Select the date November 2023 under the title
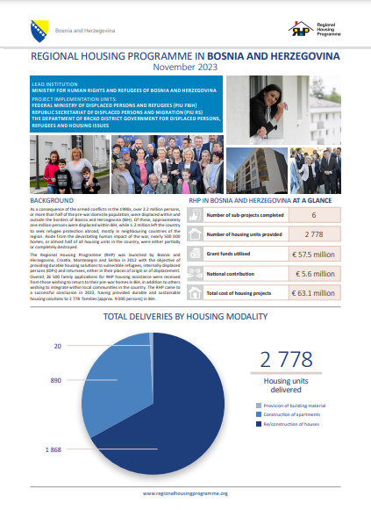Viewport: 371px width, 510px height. [185, 67]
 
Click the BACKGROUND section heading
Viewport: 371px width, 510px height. [52, 201]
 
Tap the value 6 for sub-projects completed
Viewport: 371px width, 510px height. [313, 214]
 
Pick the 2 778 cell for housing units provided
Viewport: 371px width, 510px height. [313, 234]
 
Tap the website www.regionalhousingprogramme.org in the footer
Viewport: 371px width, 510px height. [185, 493]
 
